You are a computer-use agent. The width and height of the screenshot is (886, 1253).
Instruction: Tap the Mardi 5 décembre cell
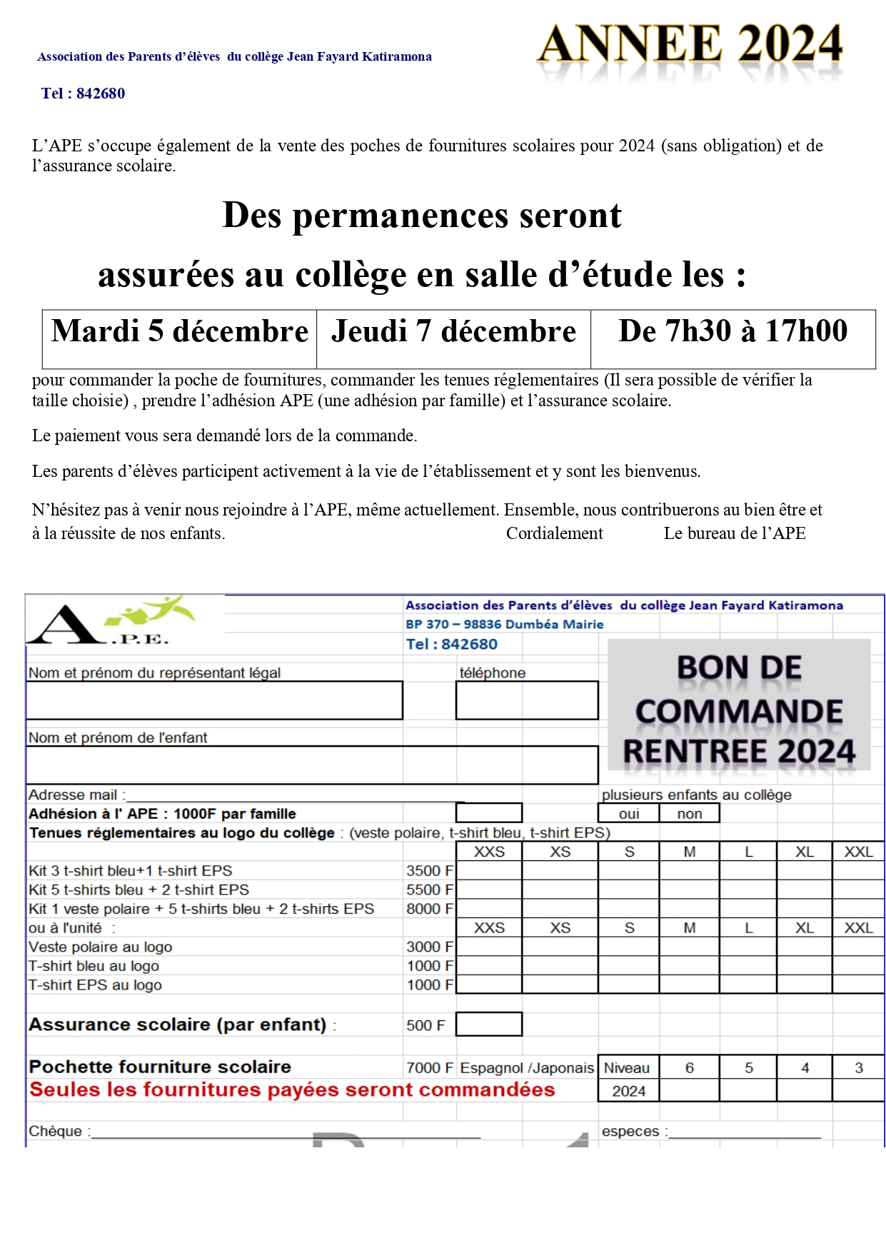pos(179,332)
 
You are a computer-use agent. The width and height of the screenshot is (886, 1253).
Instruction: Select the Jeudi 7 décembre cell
pos(453,332)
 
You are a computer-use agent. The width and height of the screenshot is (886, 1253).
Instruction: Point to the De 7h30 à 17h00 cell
pos(733,331)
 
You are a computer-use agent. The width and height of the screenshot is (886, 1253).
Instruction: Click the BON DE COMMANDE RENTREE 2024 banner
pos(739,709)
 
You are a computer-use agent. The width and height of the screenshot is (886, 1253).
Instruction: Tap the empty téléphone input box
pos(527,700)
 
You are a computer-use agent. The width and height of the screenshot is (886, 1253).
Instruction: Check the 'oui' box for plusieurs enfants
pos(629,814)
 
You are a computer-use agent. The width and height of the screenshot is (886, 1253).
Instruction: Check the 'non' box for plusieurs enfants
pos(690,814)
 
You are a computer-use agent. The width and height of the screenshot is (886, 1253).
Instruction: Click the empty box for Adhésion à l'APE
pos(489,813)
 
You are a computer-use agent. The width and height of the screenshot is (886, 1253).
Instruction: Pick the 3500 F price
pos(429,871)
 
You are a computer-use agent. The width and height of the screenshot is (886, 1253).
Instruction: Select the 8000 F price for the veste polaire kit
pos(429,909)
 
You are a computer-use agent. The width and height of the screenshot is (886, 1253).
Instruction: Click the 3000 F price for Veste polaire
pos(429,947)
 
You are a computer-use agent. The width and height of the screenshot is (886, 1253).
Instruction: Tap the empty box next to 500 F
pos(489,1025)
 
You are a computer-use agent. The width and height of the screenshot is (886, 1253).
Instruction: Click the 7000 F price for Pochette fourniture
pos(429,1068)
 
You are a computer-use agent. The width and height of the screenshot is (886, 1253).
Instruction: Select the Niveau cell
pos(627,1068)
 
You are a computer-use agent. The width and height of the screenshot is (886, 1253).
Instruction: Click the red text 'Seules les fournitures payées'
pos(292,1090)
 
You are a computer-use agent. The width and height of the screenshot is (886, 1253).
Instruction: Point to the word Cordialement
pos(554,533)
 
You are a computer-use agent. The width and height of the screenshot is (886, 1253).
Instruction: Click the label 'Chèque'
pos(56,1131)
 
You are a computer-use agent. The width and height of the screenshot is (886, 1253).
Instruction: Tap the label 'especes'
pos(630,1131)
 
